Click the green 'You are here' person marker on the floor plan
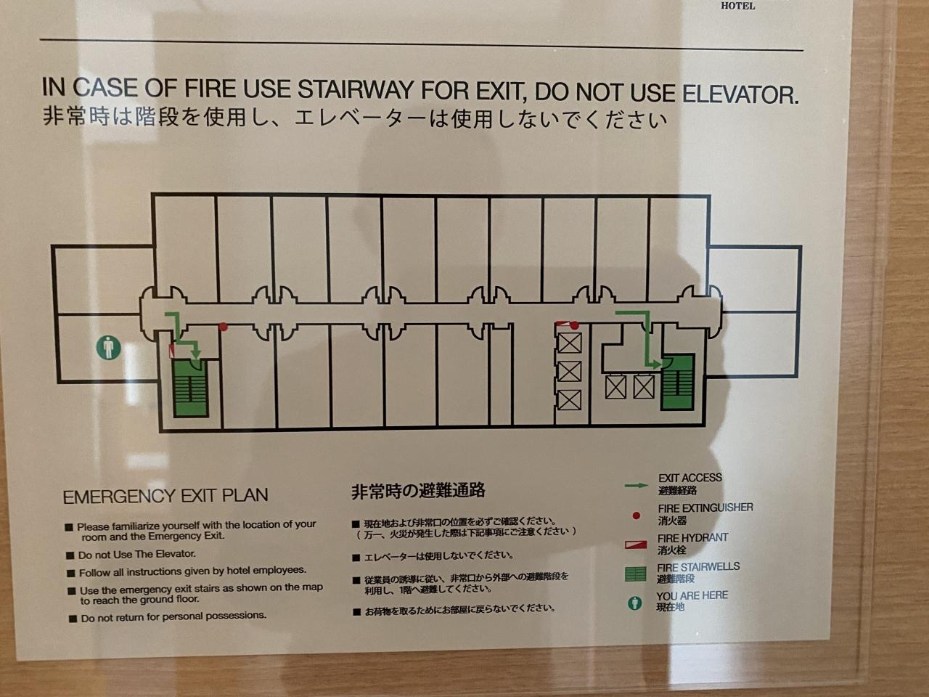[109, 348]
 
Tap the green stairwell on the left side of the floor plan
[190, 388]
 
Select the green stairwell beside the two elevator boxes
[678, 383]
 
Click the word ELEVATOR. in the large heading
[740, 94]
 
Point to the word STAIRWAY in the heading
[355, 89]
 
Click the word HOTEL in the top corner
[737, 6]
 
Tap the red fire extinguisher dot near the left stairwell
[224, 327]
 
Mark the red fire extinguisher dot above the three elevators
[574, 325]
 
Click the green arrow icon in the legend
[637, 486]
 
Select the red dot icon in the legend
[636, 516]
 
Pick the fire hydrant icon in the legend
[636, 545]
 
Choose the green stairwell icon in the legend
[636, 574]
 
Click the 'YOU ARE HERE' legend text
[692, 595]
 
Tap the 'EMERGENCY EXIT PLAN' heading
[165, 496]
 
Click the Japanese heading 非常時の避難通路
[418, 491]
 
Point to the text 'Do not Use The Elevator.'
[137, 554]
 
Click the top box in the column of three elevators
[569, 343]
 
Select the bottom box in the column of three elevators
[569, 400]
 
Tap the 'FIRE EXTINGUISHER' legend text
[705, 508]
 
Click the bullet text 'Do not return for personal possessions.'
[173, 617]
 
